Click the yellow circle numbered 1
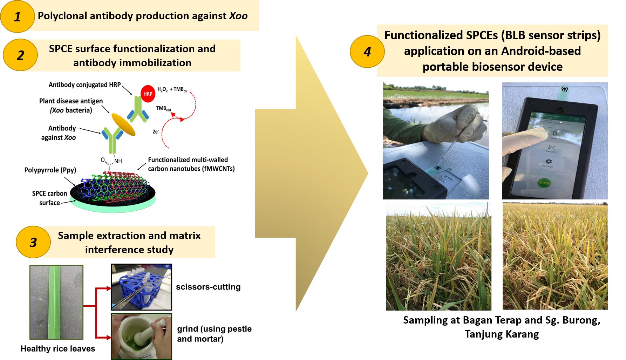click(17, 16)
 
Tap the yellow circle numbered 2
click(20, 55)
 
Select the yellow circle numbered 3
click(33, 242)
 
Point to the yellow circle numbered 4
click(367, 52)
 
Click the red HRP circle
click(148, 94)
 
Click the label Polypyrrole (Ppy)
click(50, 170)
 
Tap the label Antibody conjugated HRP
click(84, 85)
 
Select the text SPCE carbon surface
click(49, 198)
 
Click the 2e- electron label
click(155, 132)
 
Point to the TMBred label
click(163, 109)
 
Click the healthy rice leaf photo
click(56, 302)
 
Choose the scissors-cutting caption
click(208, 287)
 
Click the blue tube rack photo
click(142, 287)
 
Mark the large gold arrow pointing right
click(312, 174)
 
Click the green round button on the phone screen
click(544, 183)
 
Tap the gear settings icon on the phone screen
click(549, 162)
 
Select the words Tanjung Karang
click(502, 334)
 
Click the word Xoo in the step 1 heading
click(238, 16)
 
